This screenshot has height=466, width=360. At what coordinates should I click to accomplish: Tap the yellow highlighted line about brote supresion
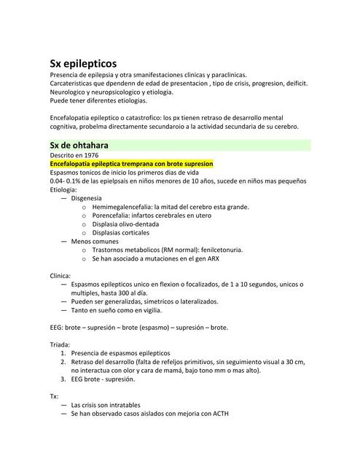131,165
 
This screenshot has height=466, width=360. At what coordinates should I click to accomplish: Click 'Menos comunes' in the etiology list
95,241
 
